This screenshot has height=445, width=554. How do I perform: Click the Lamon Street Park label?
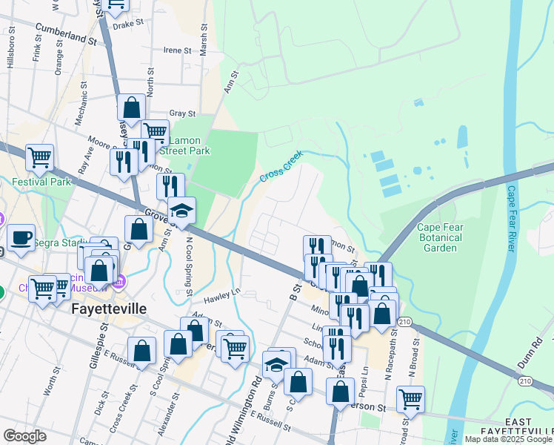189,145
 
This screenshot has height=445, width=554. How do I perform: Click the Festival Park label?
40,182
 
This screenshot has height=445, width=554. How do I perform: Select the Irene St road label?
177,50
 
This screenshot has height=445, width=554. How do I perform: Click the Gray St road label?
181,113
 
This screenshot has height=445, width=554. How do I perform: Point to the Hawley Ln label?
226,297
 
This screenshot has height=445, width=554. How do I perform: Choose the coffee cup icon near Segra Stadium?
21,237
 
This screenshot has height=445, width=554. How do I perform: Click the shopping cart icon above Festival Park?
39,156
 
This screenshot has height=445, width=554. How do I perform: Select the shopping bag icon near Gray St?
131,108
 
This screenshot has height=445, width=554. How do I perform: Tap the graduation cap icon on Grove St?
181,211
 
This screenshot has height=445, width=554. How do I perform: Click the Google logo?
24,436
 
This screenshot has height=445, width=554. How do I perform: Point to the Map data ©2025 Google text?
508,439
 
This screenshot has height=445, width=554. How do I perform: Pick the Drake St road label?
127,24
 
